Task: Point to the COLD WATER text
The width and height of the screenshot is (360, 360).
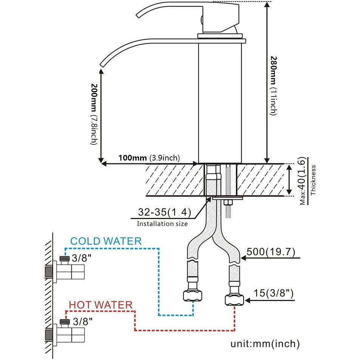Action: (106, 241)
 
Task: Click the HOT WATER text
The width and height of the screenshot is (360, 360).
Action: (100, 304)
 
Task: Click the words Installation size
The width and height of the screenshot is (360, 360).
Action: (162, 224)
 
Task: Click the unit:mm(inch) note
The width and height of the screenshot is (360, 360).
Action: (265, 344)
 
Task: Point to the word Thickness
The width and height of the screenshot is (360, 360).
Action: (313, 180)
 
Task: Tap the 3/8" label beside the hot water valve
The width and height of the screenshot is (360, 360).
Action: (82, 322)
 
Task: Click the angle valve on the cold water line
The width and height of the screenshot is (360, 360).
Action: (66, 271)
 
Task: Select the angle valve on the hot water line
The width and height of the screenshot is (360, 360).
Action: (66, 334)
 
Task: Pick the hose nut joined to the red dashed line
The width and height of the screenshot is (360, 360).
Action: (234, 300)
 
